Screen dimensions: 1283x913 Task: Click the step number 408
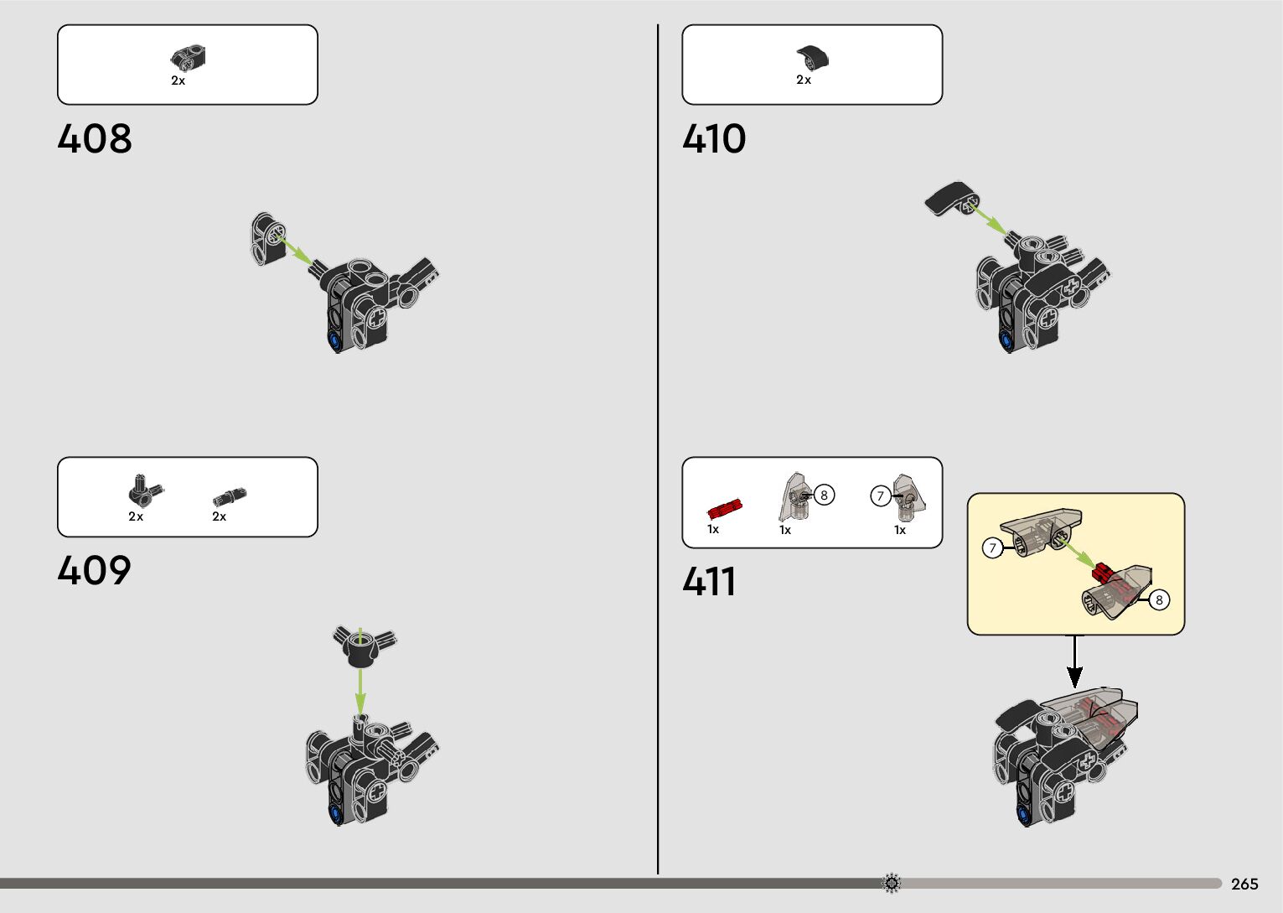(95, 139)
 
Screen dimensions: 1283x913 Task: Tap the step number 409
(95, 572)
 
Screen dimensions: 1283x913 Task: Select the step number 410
(714, 139)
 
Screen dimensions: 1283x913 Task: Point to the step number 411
(709, 582)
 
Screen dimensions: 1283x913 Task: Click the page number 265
(1244, 884)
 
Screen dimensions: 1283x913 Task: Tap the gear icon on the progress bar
(892, 883)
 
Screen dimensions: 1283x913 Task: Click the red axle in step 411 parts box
(725, 508)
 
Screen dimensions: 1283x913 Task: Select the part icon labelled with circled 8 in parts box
(794, 497)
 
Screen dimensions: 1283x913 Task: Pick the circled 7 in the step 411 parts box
(880, 496)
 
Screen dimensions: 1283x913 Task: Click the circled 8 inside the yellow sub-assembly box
(1159, 600)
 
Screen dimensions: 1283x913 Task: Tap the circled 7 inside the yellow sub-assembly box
(992, 548)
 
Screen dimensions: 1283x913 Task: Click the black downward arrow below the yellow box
(1074, 662)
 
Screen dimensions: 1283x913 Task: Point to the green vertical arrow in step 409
(360, 683)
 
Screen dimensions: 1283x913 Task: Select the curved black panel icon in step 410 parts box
(812, 57)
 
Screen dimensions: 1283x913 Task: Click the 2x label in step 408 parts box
(178, 81)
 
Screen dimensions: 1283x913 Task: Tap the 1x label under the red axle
(713, 530)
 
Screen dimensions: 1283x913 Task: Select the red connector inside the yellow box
(1103, 573)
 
